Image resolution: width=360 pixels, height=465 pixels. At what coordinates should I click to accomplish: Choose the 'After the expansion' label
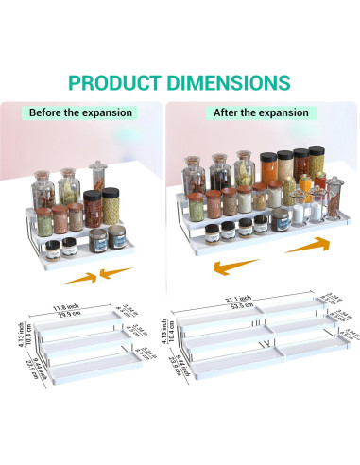(x=261, y=112)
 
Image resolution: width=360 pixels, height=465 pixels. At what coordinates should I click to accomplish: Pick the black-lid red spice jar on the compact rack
(x=93, y=209)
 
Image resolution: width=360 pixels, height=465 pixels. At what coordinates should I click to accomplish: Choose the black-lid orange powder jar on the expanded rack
(x=266, y=169)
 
